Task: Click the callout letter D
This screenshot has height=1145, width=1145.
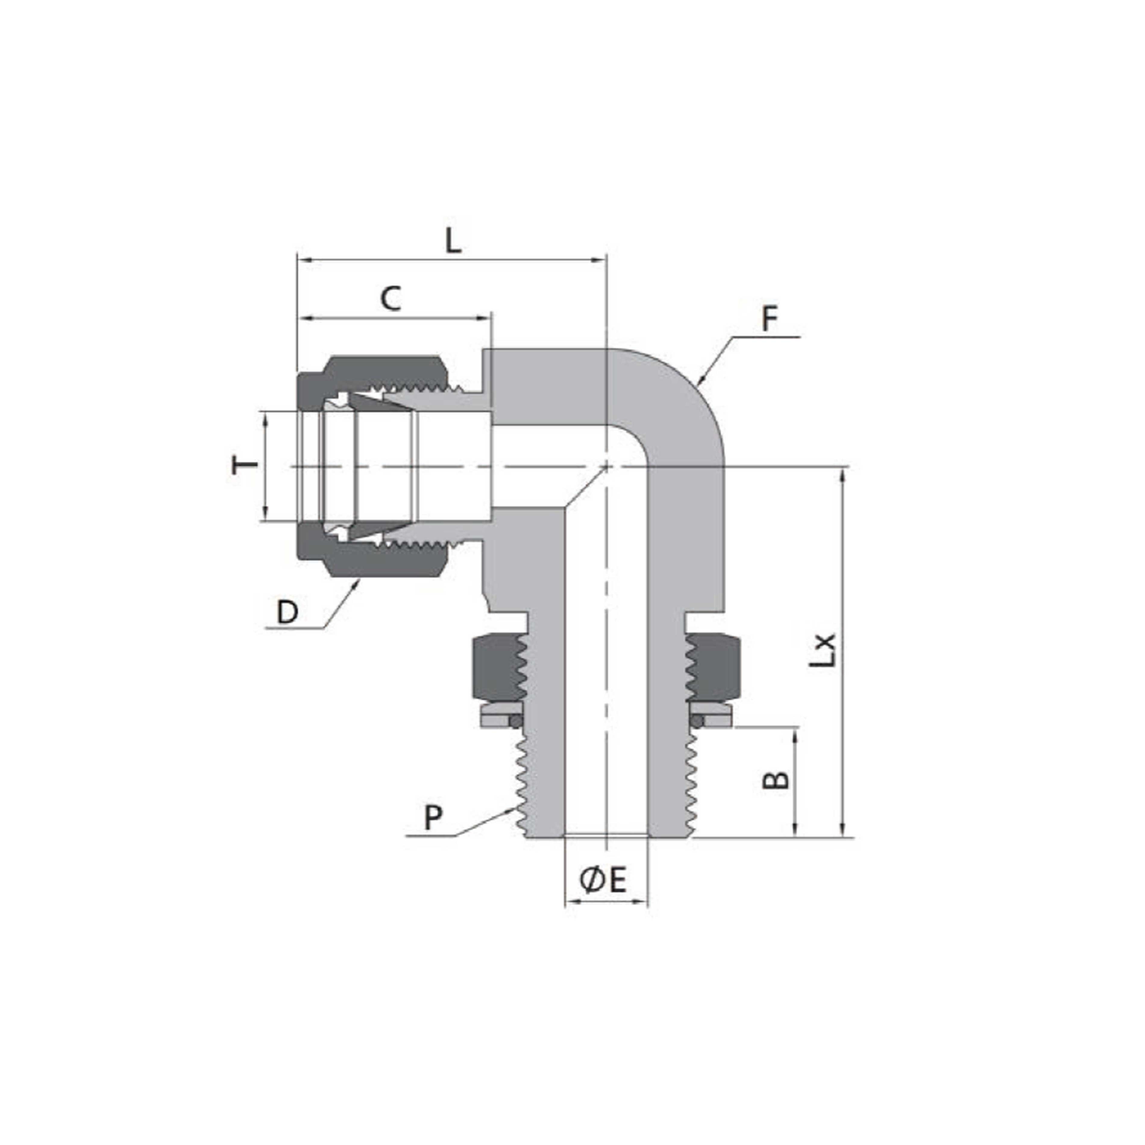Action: click(287, 612)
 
